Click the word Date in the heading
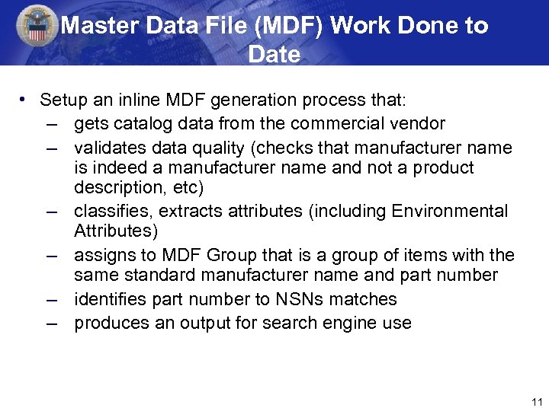pos(274,55)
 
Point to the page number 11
pos(535,402)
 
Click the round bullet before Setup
pos(25,99)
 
